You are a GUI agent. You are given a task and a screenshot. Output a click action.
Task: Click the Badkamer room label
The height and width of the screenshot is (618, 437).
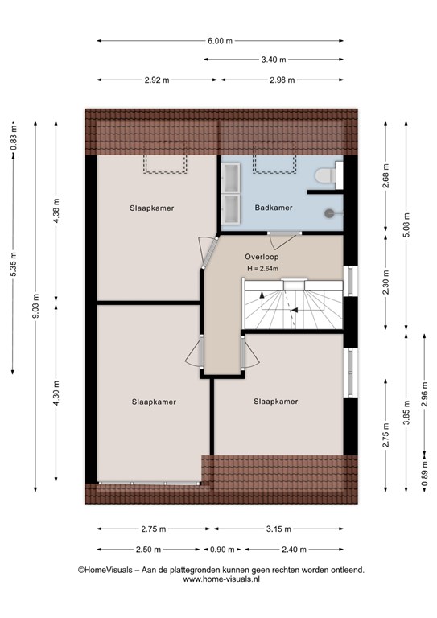(274, 208)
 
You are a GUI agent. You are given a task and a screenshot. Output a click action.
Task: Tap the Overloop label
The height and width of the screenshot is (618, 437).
(262, 257)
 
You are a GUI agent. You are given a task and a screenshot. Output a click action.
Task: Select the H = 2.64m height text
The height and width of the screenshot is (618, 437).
(262, 269)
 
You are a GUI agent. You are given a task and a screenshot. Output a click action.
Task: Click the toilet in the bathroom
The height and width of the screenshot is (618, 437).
(325, 175)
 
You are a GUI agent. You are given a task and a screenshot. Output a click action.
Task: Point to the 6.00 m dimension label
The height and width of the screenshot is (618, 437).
(220, 41)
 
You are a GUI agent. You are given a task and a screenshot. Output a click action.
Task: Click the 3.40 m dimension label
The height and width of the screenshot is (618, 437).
(274, 60)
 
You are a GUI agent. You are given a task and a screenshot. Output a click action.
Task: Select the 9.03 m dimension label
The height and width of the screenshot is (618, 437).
(35, 307)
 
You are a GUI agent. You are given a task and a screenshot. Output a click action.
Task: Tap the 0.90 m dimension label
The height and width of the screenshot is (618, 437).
(222, 550)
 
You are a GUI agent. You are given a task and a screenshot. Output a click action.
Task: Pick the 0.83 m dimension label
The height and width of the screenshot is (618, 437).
(14, 137)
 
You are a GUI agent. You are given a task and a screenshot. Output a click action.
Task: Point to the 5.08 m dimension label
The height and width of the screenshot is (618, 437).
(406, 225)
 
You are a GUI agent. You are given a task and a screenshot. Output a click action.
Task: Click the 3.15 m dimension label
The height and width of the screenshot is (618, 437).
(278, 529)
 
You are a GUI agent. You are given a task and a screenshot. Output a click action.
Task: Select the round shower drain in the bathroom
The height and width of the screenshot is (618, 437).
(329, 213)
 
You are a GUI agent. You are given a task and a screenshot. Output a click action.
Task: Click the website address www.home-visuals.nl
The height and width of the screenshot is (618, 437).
(221, 579)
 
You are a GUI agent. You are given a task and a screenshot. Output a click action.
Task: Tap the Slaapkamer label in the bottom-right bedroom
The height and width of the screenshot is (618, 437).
(275, 402)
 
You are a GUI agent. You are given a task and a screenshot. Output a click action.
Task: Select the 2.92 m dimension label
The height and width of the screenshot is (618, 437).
(157, 80)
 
